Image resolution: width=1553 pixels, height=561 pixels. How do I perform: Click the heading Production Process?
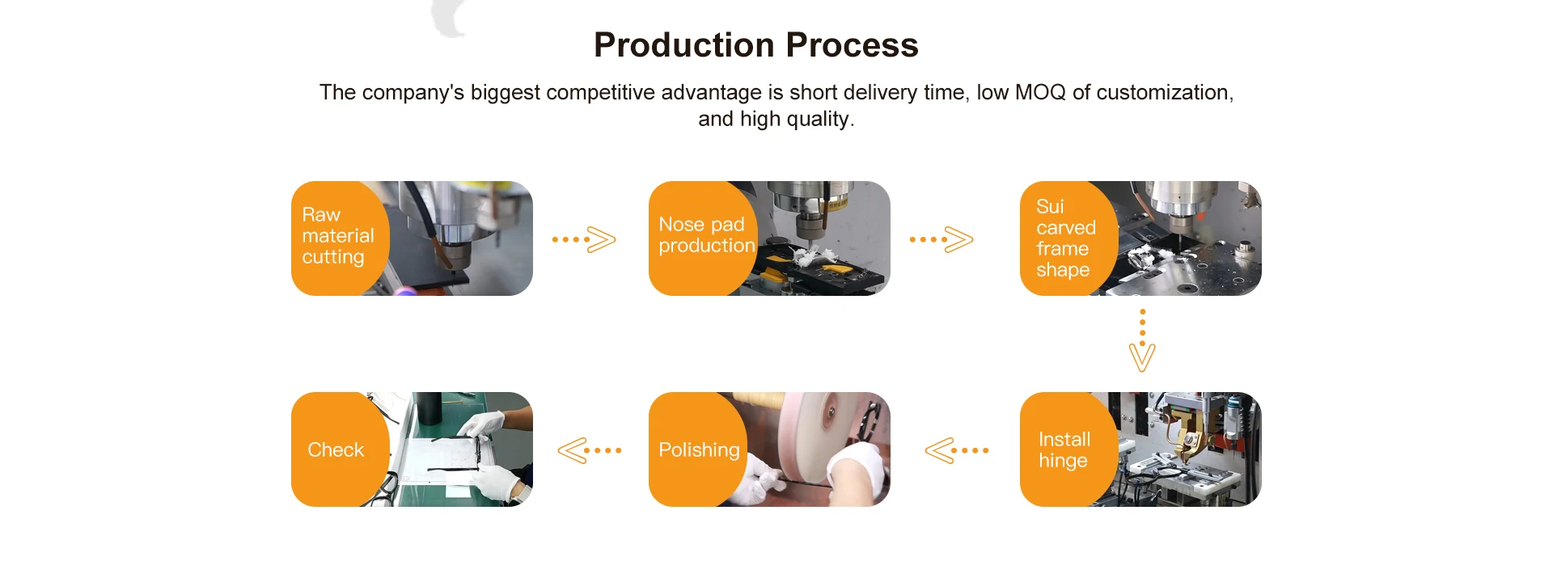click(755, 45)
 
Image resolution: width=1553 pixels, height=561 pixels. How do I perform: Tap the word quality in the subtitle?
click(817, 120)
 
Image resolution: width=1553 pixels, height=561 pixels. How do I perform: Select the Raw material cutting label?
click(338, 236)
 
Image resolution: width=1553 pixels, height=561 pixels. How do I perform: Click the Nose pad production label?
click(706, 235)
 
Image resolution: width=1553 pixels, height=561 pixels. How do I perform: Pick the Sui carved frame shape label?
click(1065, 238)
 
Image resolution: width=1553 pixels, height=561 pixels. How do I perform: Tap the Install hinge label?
click(1064, 450)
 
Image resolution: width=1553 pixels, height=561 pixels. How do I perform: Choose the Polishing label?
click(699, 450)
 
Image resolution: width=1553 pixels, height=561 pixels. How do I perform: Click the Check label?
click(336, 450)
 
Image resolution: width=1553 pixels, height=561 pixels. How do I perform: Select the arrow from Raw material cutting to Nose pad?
click(584, 240)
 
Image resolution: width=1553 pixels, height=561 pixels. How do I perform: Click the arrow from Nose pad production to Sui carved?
click(942, 240)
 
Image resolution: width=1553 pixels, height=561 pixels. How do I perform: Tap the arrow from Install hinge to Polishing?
click(956, 450)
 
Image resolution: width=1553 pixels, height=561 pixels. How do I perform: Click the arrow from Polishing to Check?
click(589, 450)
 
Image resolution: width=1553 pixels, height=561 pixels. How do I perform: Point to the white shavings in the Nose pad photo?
click(809, 256)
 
